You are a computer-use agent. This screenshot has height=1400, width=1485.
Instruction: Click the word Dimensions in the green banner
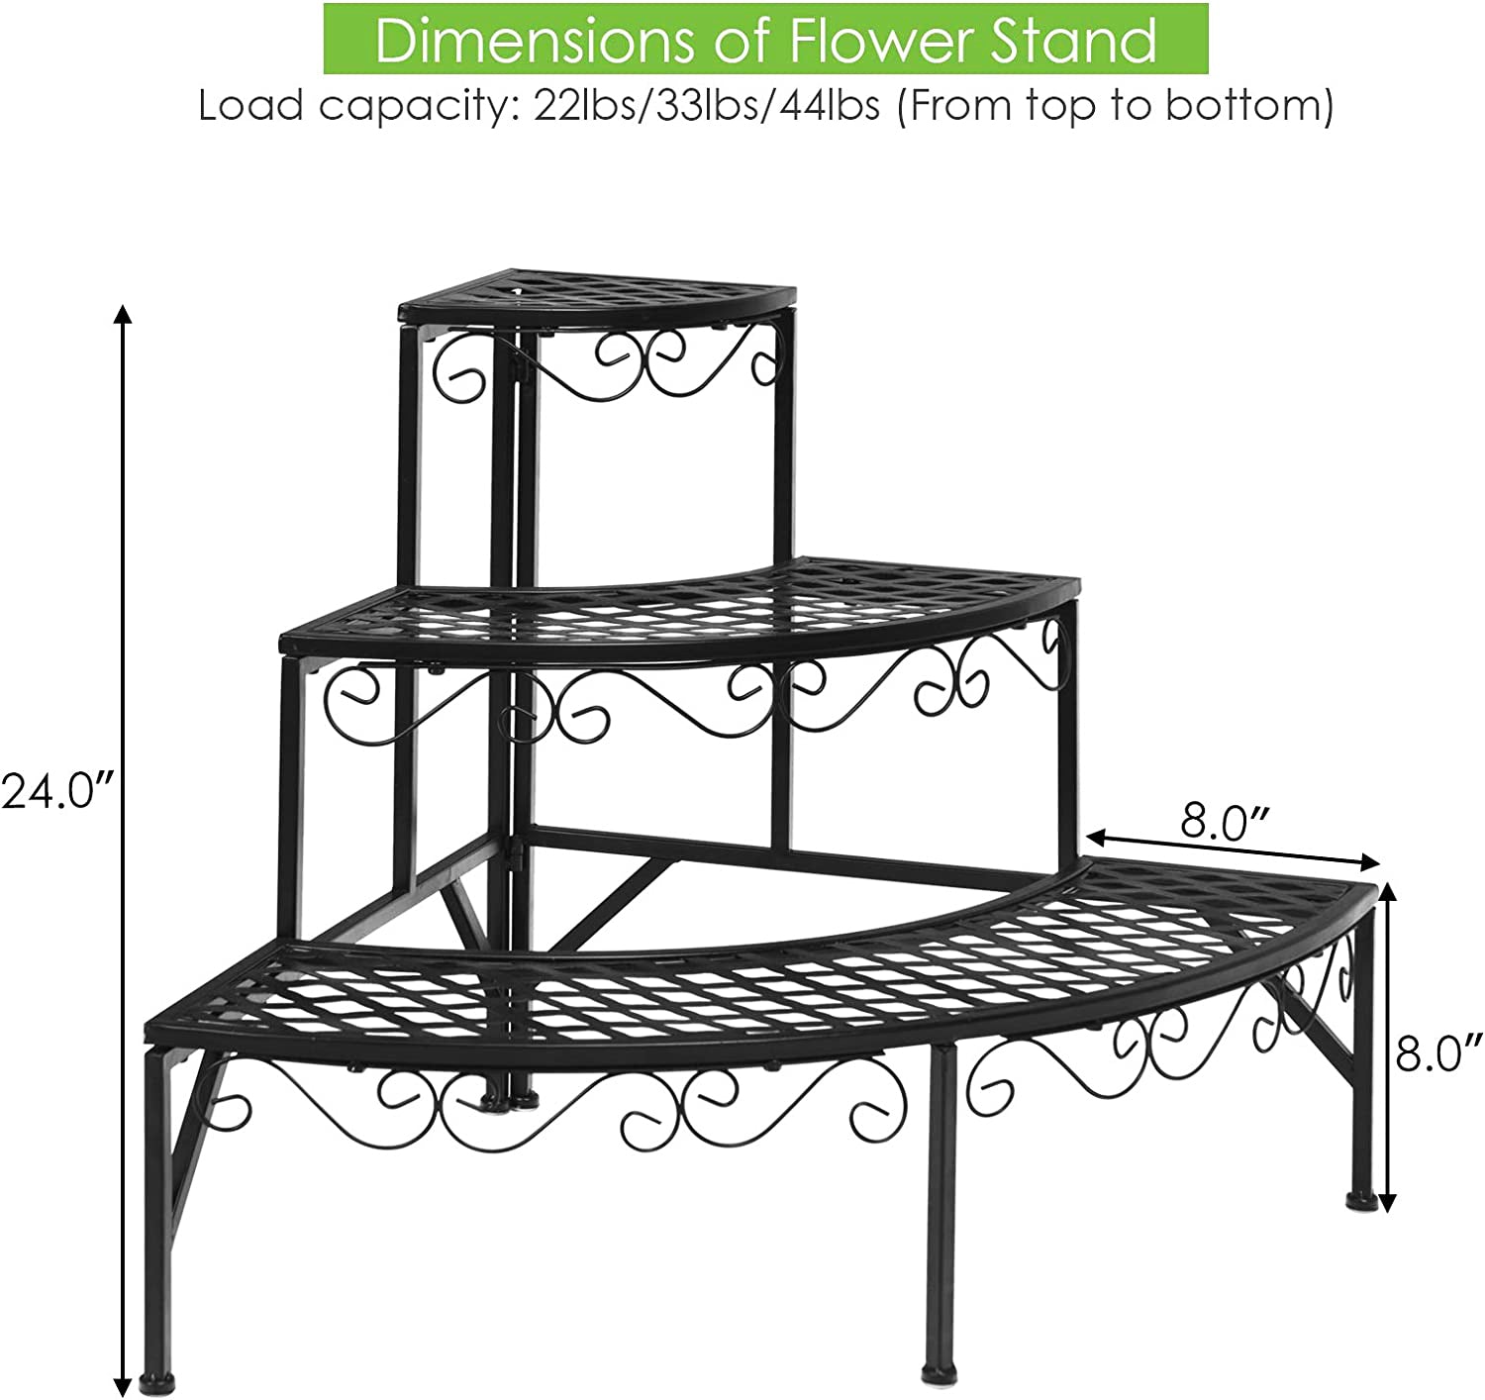534,39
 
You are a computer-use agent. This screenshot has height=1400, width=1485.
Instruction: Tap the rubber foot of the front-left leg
156,1387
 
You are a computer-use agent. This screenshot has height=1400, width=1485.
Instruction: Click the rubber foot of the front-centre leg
938,1374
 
